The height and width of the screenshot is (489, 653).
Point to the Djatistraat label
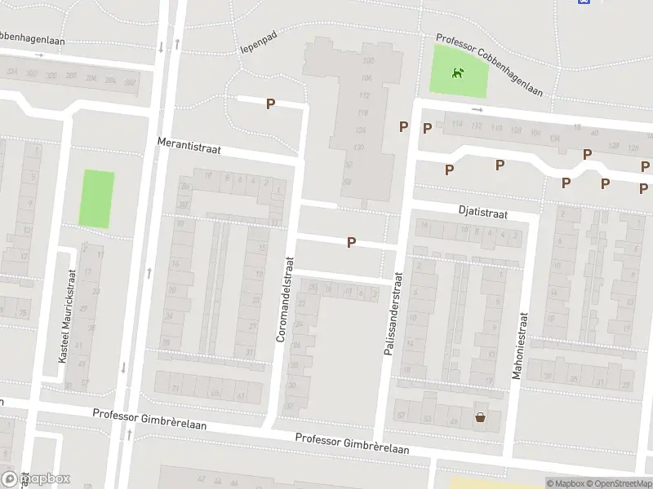pos(482,214)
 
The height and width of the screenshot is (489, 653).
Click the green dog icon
pos(459,73)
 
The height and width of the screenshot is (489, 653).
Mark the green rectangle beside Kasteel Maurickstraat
pos(96,198)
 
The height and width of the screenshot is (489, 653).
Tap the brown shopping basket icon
pos(480,418)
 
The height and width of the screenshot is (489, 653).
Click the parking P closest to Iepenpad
pos(270,104)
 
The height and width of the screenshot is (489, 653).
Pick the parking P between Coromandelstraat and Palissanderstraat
pos(351,242)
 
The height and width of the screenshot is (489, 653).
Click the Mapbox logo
pos(36,478)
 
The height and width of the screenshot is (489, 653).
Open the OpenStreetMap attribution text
pos(617,483)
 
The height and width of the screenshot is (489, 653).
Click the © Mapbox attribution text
pos(565,483)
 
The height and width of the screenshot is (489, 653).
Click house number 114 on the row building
pos(457,124)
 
